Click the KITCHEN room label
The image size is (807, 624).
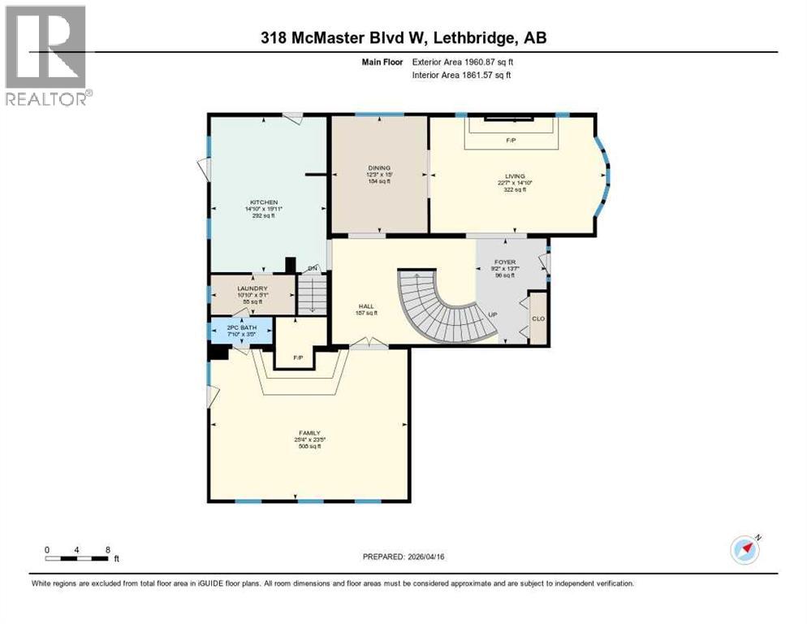[264, 202]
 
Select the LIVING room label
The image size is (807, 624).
[514, 176]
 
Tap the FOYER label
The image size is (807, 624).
[505, 262]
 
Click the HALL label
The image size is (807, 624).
[366, 307]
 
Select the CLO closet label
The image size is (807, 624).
[537, 318]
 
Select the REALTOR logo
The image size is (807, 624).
[48, 56]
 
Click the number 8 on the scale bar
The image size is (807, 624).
[107, 549]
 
